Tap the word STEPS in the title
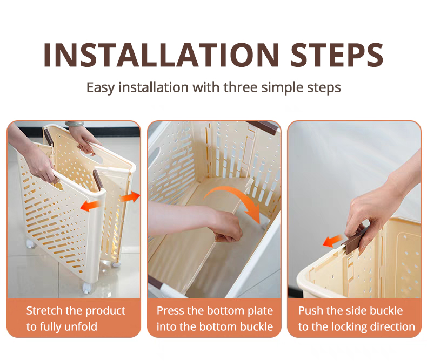pos(337,55)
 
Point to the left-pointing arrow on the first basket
pos(90,206)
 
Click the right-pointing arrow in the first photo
pos(130,196)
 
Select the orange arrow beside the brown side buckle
pos(333,241)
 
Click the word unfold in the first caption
pos(82,326)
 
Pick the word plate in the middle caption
pos(260,311)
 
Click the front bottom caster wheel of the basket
pos(86,287)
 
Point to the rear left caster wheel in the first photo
pos(30,244)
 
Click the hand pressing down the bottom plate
pos(227,226)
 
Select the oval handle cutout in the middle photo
pos(154,155)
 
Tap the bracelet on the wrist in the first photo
pos(75,124)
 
